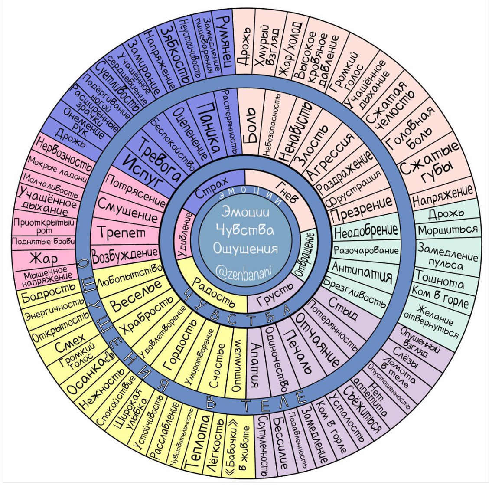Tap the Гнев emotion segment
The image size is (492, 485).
[284, 194]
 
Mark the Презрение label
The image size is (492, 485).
[361, 207]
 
